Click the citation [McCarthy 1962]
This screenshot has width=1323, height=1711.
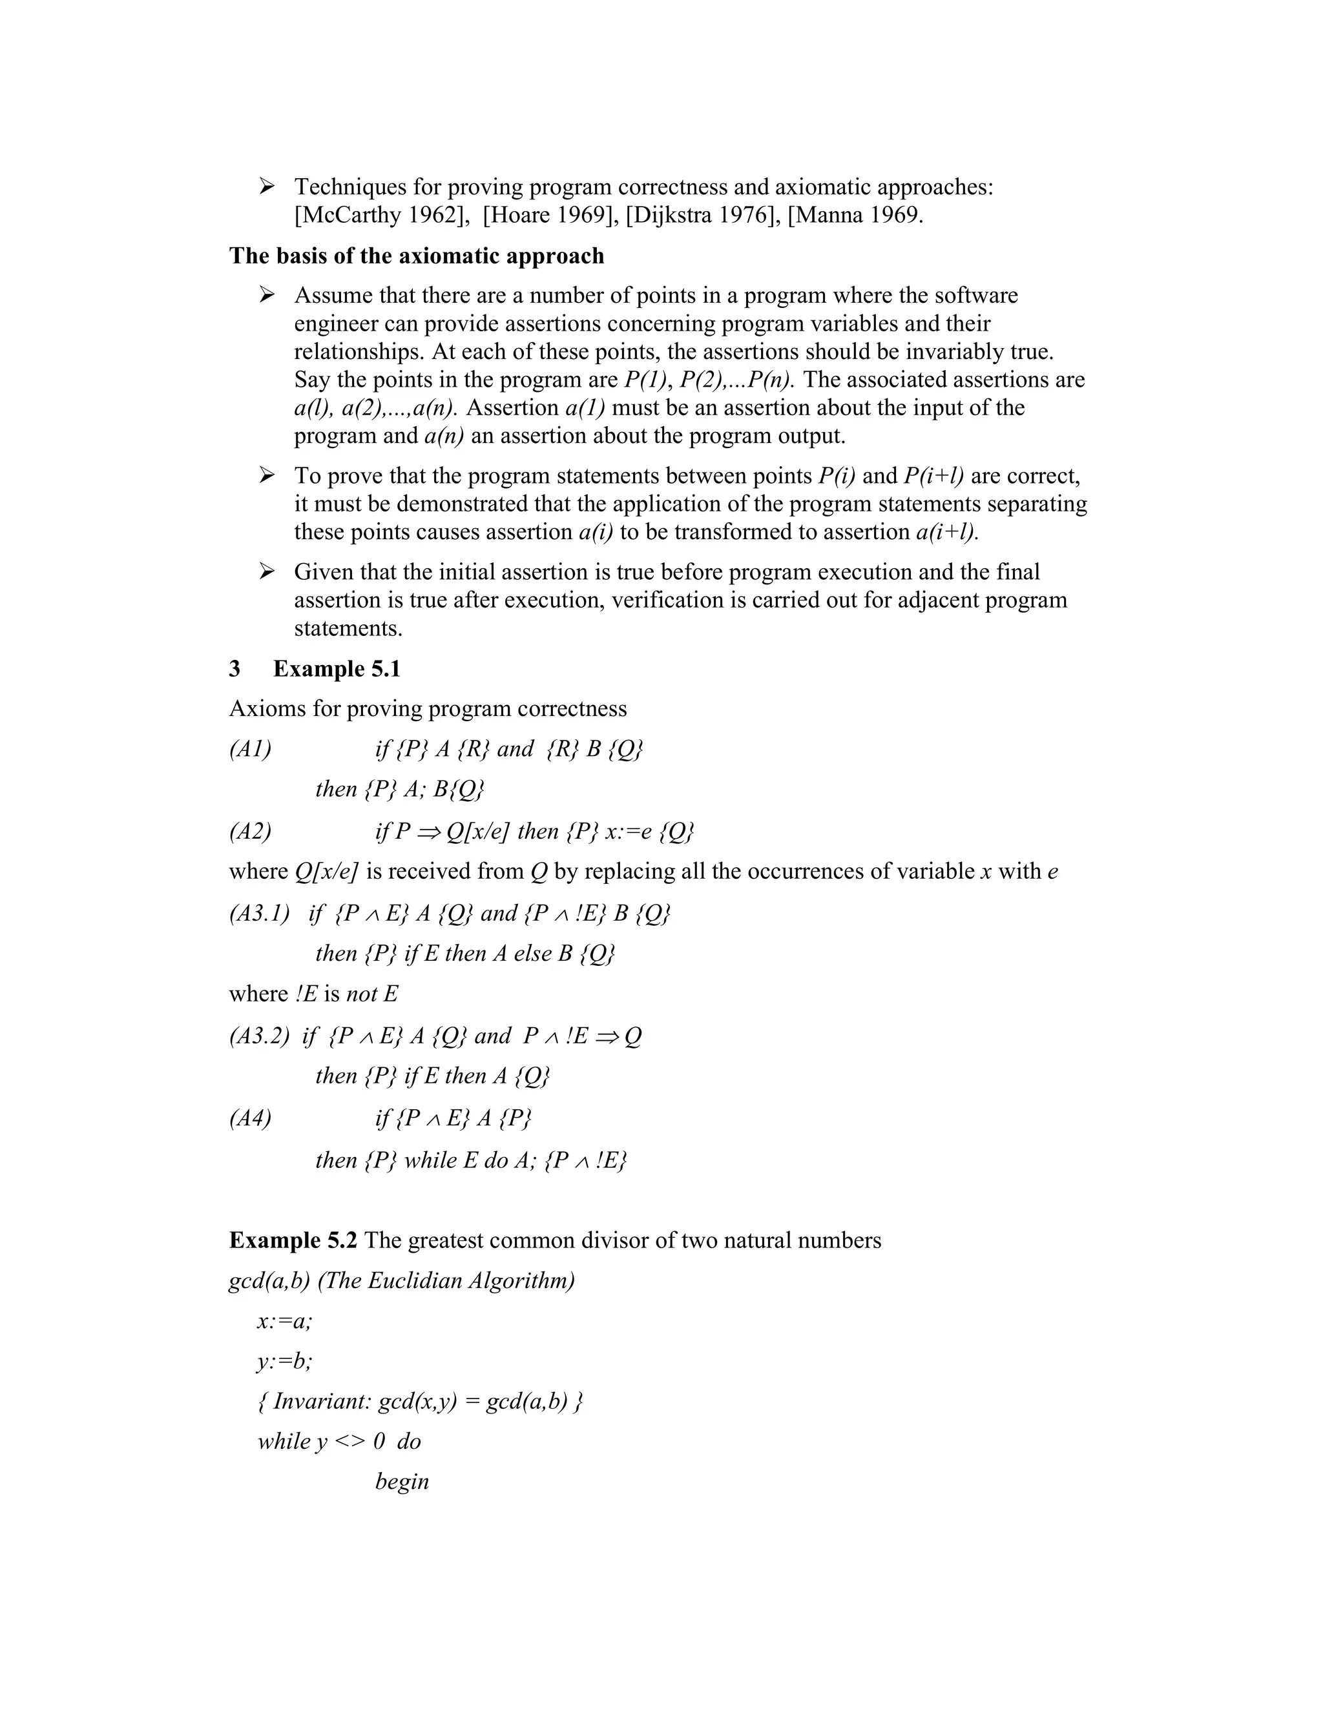379,214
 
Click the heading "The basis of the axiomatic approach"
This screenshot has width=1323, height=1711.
416,256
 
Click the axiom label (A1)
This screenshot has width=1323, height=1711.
250,750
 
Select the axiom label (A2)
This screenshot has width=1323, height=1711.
250,831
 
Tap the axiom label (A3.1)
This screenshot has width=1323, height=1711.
258,914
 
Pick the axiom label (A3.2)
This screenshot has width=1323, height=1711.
258,1036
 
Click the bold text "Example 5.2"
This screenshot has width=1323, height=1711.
293,1240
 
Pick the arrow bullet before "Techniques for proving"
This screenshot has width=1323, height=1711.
267,187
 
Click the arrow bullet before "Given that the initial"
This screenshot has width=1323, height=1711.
267,572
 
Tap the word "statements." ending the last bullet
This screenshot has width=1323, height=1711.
348,628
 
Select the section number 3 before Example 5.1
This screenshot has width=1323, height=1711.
235,669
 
